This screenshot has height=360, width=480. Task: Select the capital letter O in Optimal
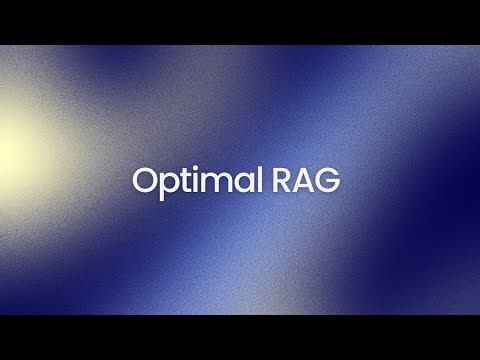[147, 181]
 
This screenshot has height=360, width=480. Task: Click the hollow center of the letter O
[147, 182]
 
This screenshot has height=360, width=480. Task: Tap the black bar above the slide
[240, 22]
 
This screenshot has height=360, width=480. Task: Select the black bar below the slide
[240, 337]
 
